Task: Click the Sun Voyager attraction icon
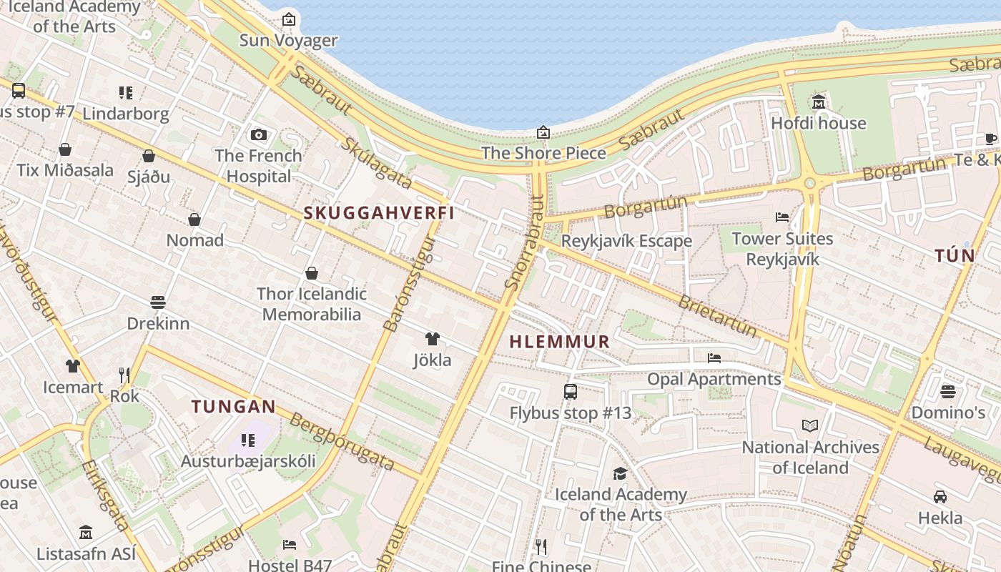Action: point(288,19)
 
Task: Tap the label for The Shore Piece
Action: point(543,153)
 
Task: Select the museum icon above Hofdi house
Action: point(819,102)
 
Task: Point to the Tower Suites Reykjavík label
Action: point(782,248)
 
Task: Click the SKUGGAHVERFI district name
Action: point(379,213)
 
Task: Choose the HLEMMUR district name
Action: point(560,342)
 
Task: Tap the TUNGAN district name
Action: point(233,407)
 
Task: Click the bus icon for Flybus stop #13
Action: point(570,392)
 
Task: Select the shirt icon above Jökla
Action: point(432,339)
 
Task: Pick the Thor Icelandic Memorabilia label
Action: point(311,304)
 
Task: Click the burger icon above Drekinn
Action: point(158,302)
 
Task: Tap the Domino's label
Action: point(947,413)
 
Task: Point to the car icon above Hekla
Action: point(940,497)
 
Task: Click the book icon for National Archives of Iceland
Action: point(809,426)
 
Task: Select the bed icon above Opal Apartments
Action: point(714,358)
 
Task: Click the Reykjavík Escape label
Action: point(626,241)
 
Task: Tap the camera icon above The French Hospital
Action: point(259,134)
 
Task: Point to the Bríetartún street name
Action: point(717,317)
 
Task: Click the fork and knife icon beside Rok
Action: point(124,375)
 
